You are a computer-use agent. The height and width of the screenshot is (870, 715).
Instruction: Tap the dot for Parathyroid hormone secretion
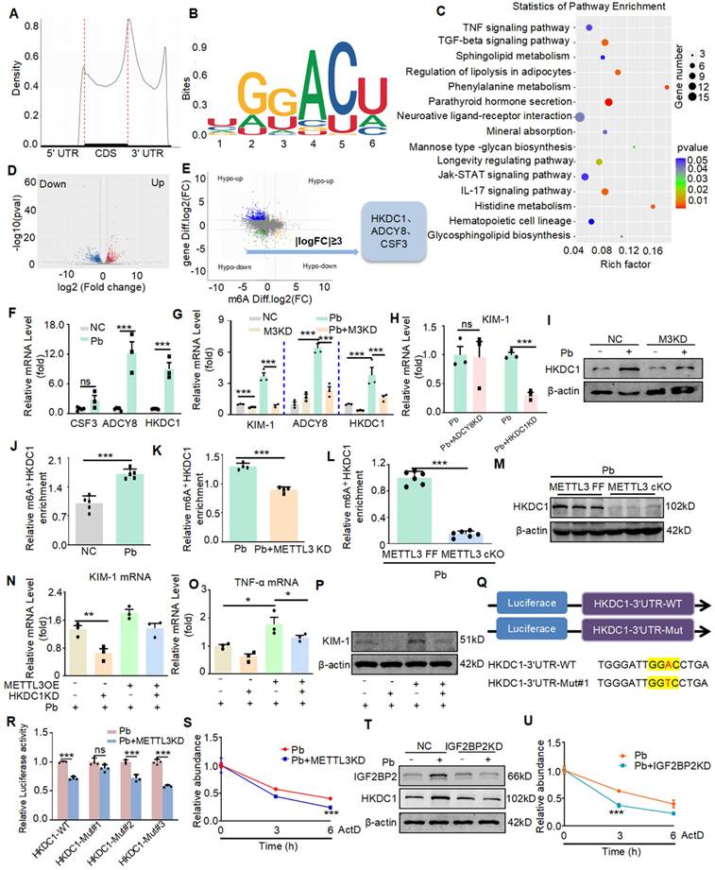pos(608,101)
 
